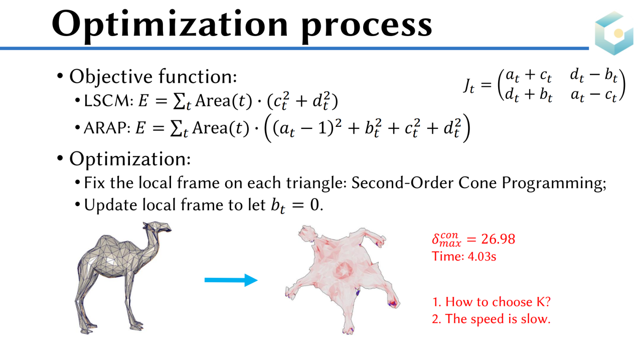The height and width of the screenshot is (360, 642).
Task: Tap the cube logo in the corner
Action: (x=614, y=33)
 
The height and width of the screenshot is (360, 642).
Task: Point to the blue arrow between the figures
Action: (x=231, y=280)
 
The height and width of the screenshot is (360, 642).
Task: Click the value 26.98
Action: (x=498, y=239)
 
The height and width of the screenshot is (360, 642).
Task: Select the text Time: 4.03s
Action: (x=464, y=256)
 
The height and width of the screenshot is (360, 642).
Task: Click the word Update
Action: (x=111, y=206)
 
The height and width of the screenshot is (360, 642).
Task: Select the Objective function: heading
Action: (x=153, y=77)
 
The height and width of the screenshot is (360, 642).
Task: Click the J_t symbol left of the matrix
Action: (x=469, y=85)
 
